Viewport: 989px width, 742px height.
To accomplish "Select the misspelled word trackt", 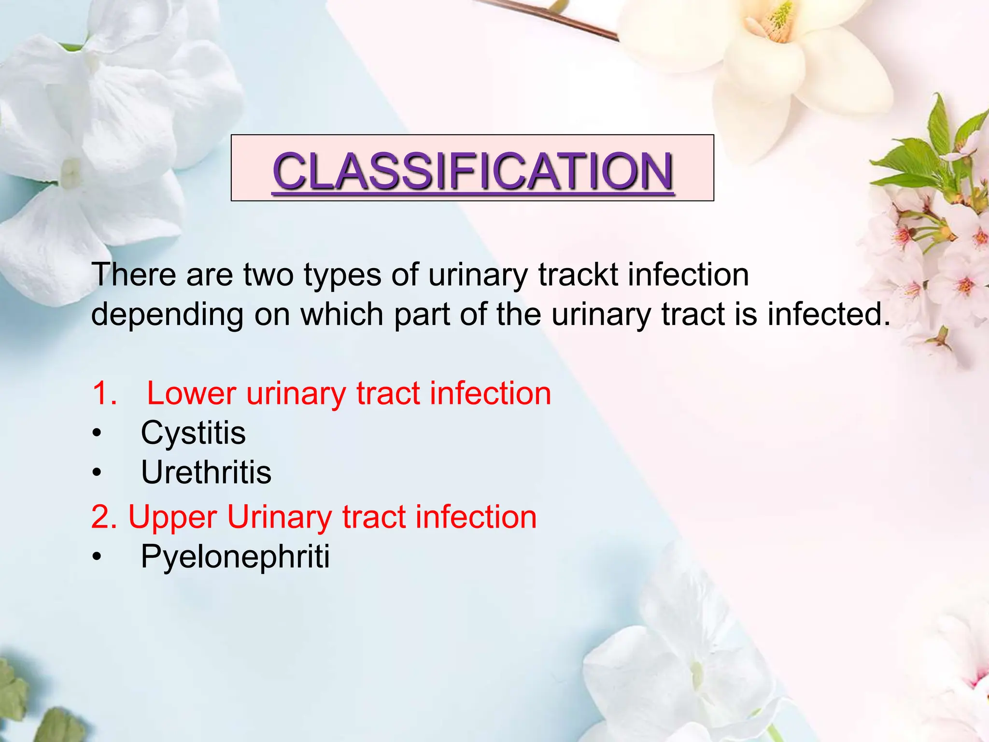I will pos(578,274).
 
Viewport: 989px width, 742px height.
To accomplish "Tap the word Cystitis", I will pos(193,433).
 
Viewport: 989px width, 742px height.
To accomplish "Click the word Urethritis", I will pos(206,472).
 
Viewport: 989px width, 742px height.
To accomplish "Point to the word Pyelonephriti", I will pos(235,556).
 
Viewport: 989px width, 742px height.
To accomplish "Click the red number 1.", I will pos(103,393).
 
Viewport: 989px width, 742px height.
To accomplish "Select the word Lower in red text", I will pos(191,393).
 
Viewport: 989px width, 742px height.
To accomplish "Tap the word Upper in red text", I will pos(172,518).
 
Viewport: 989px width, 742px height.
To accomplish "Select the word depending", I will pos(167,315).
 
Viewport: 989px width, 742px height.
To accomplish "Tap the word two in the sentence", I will pos(268,275).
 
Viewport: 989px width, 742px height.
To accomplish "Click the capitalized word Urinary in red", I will pos(279,518).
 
